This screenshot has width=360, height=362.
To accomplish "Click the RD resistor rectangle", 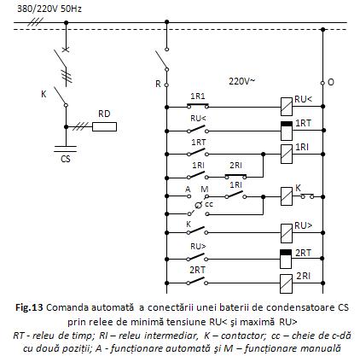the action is (104, 126).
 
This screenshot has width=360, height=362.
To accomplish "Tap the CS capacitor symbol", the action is (66, 149).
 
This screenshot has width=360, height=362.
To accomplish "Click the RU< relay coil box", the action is (287, 107).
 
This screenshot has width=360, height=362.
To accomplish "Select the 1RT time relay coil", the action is (287, 131).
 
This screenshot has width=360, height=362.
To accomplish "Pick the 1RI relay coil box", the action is (287, 154).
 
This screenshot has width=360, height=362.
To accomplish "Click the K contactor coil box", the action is (287, 196).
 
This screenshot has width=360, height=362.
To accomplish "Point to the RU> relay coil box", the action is (287, 233).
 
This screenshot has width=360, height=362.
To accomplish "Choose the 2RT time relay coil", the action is (286, 259).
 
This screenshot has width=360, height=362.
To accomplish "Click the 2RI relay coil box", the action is (286, 283).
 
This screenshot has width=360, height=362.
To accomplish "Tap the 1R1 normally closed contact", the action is (198, 106).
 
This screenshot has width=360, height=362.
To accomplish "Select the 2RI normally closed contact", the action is (236, 177).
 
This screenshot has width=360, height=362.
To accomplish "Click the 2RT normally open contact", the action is (197, 282).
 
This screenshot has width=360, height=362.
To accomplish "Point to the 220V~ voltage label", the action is (242, 81).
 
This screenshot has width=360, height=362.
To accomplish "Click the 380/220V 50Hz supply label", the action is (49, 9).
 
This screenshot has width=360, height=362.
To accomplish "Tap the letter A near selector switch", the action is (188, 189).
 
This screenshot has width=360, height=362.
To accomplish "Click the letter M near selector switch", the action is (205, 190).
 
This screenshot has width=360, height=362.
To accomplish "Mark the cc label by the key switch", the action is (209, 204).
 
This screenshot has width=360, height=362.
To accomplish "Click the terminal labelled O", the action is (322, 83).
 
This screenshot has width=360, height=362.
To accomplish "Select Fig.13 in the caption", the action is (29, 307).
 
